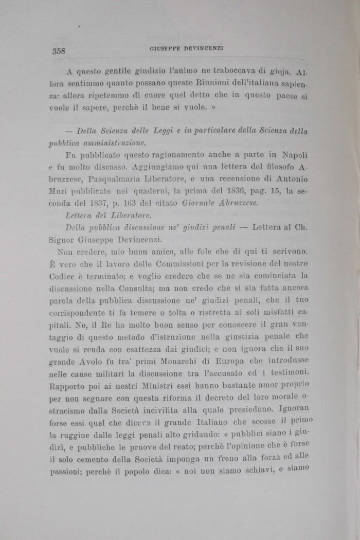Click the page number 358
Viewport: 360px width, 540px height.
click(61, 51)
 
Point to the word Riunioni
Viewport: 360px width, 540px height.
click(189, 83)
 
